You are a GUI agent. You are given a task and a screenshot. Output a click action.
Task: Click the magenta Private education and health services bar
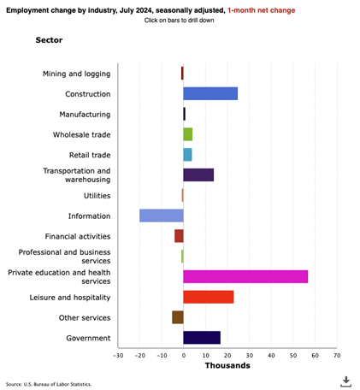pyautogui.click(x=245, y=276)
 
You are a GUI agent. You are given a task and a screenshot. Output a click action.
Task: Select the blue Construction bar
pyautogui.click(x=210, y=93)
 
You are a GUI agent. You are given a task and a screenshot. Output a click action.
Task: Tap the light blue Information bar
pyautogui.click(x=162, y=216)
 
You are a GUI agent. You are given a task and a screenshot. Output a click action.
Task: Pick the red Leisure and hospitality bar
pyautogui.click(x=209, y=297)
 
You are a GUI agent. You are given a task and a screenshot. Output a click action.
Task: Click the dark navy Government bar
pyautogui.click(x=202, y=338)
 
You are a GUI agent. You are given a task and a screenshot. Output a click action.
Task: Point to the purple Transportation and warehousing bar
pyautogui.click(x=198, y=174)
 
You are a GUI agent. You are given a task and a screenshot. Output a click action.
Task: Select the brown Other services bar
pyautogui.click(x=178, y=317)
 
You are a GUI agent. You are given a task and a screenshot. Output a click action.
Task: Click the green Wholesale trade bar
pyautogui.click(x=188, y=134)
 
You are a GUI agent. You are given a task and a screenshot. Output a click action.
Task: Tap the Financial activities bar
pyautogui.click(x=179, y=236)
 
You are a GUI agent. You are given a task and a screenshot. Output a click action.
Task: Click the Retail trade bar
pyautogui.click(x=187, y=155)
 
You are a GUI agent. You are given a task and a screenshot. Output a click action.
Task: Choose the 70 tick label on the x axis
pyautogui.click(x=336, y=355)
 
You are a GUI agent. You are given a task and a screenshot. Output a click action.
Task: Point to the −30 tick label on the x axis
pyautogui.click(x=117, y=355)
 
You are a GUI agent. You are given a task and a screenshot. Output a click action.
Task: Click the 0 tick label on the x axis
pyautogui.click(x=183, y=355)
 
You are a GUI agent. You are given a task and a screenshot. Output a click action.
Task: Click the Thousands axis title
pyautogui.click(x=227, y=366)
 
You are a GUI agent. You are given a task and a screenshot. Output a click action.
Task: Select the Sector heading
pyautogui.click(x=49, y=40)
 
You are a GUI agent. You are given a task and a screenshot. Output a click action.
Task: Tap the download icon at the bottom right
pyautogui.click(x=346, y=381)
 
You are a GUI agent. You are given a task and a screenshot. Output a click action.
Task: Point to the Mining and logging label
pyautogui.click(x=76, y=74)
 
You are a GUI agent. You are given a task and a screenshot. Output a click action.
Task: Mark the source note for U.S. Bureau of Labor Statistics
pyautogui.click(x=49, y=384)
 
